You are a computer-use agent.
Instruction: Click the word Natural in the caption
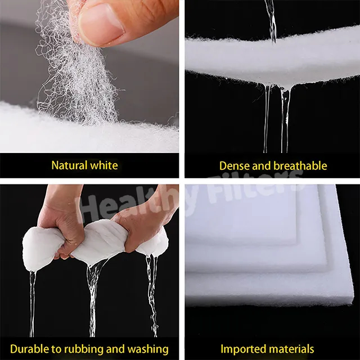[x=69, y=165]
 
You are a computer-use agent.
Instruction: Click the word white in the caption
[x=104, y=165]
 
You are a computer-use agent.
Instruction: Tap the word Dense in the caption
[x=235, y=166]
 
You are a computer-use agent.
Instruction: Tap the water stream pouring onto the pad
[x=272, y=21]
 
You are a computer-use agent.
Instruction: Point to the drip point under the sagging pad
[x=285, y=89]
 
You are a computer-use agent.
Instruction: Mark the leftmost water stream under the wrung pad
[x=32, y=303]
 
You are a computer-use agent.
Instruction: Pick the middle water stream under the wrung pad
[x=93, y=299]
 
